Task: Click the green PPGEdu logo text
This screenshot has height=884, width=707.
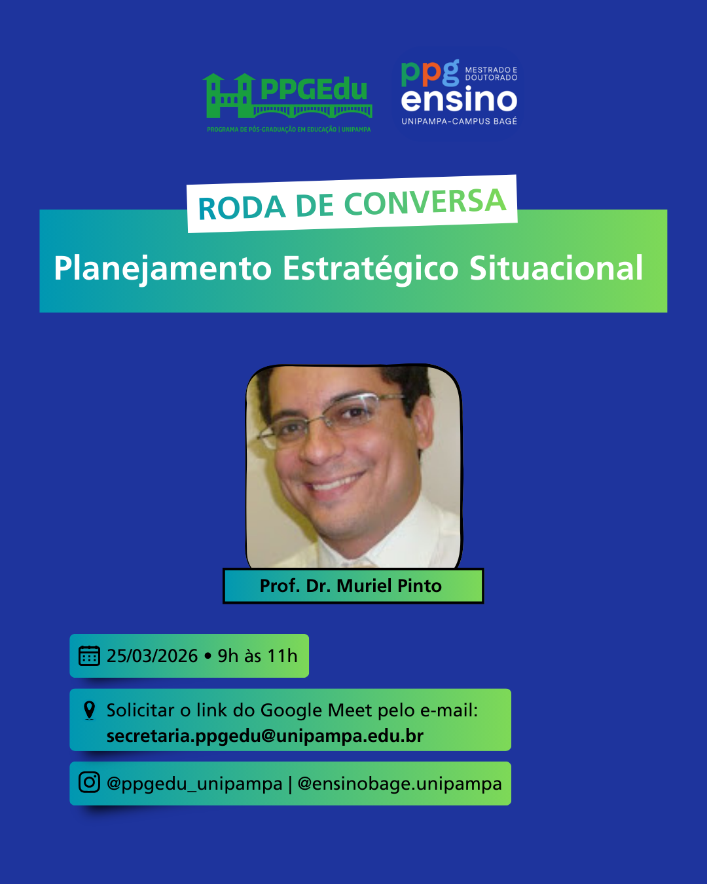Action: [314, 88]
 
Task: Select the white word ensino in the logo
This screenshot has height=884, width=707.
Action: [459, 100]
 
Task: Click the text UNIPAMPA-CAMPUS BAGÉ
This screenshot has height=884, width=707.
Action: [460, 121]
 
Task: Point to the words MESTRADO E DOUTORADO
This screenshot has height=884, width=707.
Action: [491, 73]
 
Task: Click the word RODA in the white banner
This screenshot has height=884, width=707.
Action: [242, 208]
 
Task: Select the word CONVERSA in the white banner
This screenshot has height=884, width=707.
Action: [425, 202]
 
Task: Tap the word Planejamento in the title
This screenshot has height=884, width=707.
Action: [163, 269]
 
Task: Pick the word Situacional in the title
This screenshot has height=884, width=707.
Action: [556, 268]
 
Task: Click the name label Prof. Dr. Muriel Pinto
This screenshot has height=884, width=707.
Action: [351, 586]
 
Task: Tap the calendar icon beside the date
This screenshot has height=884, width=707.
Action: [89, 655]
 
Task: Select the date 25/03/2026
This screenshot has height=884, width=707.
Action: [153, 656]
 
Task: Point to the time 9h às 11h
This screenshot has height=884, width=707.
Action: [257, 656]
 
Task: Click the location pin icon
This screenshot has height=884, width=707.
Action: [89, 710]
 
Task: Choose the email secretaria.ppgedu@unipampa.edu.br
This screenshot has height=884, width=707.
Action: [265, 736]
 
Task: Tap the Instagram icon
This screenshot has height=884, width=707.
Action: [89, 782]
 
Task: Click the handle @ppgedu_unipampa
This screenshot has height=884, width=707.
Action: [194, 784]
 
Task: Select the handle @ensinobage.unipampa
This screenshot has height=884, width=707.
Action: [400, 784]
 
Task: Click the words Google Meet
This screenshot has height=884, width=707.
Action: [316, 710]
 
